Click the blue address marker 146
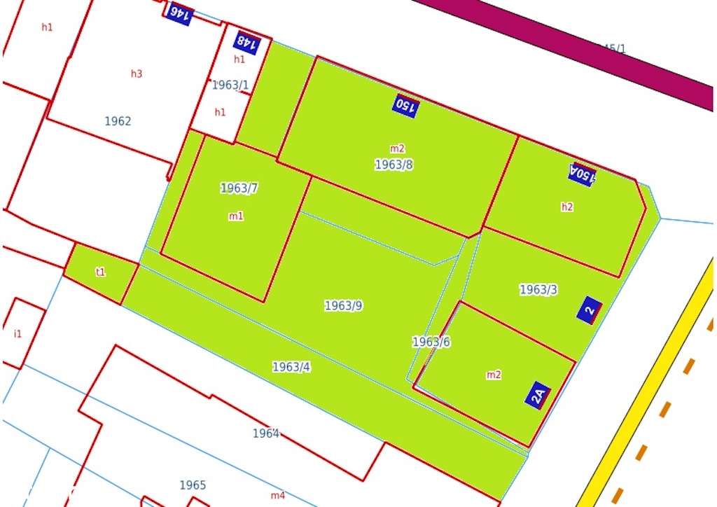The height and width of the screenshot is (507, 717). point(179,14)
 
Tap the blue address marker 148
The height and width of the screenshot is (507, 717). point(246,43)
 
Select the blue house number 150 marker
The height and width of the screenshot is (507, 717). point(406,106)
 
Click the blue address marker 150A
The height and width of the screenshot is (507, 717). point(583,174)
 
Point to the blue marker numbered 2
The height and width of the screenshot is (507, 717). point(590,310)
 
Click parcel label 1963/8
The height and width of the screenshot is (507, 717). point(394,165)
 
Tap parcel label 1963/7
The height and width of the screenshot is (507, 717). point(239,188)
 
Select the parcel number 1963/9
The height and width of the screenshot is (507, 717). point(343,305)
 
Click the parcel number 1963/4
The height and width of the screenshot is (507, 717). point(291,366)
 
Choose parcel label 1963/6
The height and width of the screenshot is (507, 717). point(431,342)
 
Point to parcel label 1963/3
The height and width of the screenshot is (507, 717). point(538,289)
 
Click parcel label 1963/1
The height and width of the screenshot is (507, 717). point(230,85)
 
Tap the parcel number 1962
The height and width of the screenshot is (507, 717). point(118,121)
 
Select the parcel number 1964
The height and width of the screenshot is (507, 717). point(266,433)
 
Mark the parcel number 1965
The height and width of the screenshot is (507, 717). point(193,485)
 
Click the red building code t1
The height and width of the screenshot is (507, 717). point(101,272)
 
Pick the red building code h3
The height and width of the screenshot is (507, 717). point(137,74)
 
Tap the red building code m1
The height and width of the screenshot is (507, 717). point(236,216)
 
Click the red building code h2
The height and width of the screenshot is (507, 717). point(567,207)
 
